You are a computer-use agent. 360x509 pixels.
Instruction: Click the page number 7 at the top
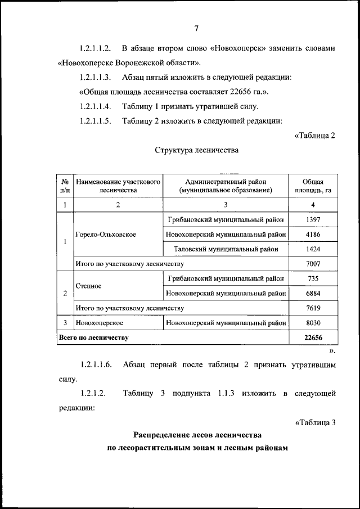click(x=197, y=29)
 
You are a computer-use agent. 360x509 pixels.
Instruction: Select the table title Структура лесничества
click(x=196, y=150)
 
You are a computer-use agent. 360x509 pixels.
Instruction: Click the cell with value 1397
click(x=313, y=219)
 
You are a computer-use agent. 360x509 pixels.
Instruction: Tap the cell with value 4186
click(x=313, y=234)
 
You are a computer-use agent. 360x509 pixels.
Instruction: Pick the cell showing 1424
click(x=313, y=249)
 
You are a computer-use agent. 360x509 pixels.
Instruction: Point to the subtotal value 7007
click(x=313, y=263)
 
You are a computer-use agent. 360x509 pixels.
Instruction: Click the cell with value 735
click(x=313, y=278)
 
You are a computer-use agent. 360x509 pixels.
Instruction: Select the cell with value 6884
click(x=313, y=293)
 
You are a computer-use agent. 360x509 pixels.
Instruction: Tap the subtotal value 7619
click(x=313, y=308)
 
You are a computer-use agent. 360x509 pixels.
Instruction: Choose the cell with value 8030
click(x=313, y=323)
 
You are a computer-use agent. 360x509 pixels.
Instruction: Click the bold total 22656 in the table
click(x=313, y=337)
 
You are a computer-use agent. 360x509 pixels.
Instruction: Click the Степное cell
click(x=88, y=286)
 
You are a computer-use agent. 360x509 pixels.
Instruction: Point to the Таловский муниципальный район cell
click(x=226, y=249)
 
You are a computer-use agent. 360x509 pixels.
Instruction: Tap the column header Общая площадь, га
click(x=313, y=186)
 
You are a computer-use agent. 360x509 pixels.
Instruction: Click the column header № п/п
click(x=65, y=186)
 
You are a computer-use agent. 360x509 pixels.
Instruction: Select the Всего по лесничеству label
click(x=94, y=337)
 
